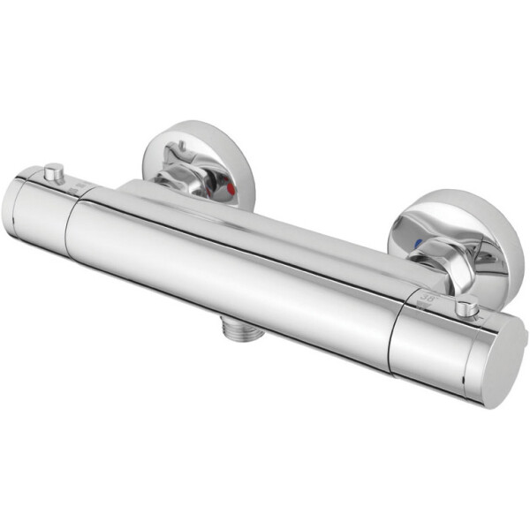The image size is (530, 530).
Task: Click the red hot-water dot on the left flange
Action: pos(231,188)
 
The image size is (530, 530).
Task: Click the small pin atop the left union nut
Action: pos(179,146)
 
